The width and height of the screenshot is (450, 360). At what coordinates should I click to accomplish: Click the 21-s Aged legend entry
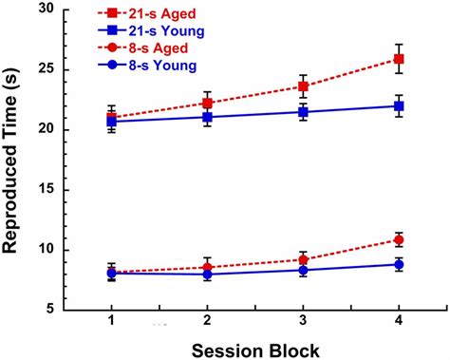[151, 14]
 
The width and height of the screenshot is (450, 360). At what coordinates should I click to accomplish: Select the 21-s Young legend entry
[151, 31]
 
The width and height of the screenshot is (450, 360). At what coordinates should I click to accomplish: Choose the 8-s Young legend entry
[151, 66]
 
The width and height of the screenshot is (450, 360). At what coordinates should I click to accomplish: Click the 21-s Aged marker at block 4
[399, 59]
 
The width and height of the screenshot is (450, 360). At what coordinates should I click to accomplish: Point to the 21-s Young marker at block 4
[399, 105]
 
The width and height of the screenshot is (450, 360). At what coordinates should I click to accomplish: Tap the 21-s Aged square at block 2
[208, 103]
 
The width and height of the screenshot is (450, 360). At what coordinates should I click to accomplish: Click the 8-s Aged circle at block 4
[399, 239]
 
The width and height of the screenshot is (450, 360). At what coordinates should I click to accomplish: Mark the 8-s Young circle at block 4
[399, 264]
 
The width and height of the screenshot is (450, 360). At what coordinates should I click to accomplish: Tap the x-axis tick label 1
[112, 322]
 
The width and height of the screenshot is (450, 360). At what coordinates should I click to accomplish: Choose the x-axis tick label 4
[399, 322]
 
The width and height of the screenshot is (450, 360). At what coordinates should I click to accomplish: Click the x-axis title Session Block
[253, 348]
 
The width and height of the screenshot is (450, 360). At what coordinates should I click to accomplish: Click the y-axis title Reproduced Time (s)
[12, 161]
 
